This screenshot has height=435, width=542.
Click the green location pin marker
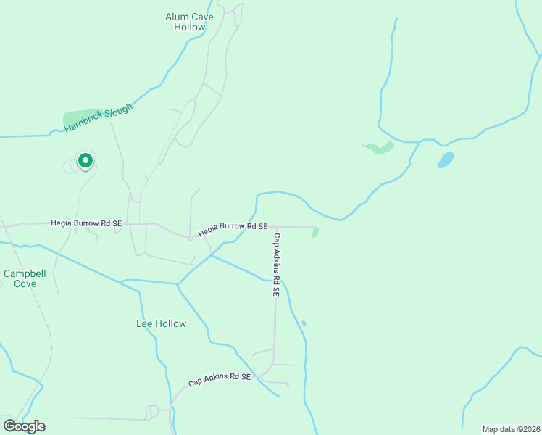pyautogui.click(x=85, y=160)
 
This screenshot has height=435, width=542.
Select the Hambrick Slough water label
pyautogui.click(x=99, y=118)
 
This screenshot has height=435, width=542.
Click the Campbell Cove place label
pyautogui.click(x=25, y=278)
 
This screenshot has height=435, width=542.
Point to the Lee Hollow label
pyautogui.click(x=161, y=323)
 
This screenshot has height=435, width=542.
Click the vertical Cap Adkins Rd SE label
pyautogui.click(x=276, y=264)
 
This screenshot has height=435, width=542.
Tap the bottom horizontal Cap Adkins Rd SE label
pyautogui.click(x=219, y=378)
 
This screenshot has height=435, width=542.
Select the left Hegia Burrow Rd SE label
pyautogui.click(x=86, y=224)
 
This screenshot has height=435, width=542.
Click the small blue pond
pyautogui.click(x=446, y=159)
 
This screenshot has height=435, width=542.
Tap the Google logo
pyautogui.click(x=24, y=426)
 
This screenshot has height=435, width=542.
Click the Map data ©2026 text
pyautogui.click(x=511, y=428)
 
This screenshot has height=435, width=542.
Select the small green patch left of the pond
pyautogui.click(x=378, y=148)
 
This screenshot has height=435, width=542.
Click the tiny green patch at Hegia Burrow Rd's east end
pyautogui.click(x=314, y=232)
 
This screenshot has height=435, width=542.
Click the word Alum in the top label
pyautogui.click(x=177, y=17)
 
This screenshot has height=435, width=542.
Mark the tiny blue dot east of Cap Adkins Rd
pyautogui.click(x=304, y=323)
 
